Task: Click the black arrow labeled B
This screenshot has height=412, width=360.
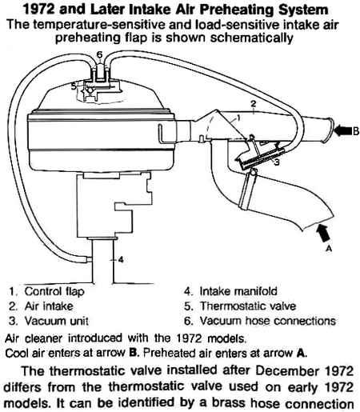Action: click(343, 131)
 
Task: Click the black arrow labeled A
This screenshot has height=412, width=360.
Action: click(323, 233)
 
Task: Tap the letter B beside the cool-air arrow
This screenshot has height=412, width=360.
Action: click(356, 131)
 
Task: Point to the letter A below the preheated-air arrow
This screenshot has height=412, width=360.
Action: click(329, 248)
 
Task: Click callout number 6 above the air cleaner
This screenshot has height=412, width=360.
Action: click(99, 55)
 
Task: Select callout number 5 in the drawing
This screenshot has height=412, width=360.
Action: click(74, 86)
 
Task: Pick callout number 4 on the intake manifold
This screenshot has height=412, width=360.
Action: click(121, 259)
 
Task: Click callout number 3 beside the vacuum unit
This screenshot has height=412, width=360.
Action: click(277, 162)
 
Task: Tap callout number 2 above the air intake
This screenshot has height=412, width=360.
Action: click(254, 103)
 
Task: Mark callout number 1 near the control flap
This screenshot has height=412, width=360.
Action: click(238, 118)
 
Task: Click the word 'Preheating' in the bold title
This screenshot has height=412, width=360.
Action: click(237, 10)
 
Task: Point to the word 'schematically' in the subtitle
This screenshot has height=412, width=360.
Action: click(252, 38)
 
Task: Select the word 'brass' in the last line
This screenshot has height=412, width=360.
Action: click(227, 402)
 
